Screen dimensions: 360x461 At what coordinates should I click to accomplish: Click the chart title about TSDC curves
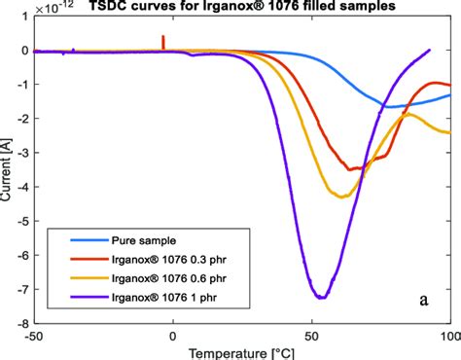coord(244,7)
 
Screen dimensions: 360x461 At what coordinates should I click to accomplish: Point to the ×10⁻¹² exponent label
coord(53,6)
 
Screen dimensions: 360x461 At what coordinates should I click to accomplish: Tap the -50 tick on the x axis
coord(35,335)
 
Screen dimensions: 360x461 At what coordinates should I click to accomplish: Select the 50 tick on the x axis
coord(311,335)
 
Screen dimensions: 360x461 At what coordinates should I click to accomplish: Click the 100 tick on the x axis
coord(448,335)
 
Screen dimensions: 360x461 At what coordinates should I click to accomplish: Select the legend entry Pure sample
coord(147,236)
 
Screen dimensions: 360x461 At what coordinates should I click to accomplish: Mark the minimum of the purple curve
coord(320,297)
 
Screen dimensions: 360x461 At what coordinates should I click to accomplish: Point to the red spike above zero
coord(162,40)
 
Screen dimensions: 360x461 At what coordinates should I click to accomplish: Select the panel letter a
coord(424,300)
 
